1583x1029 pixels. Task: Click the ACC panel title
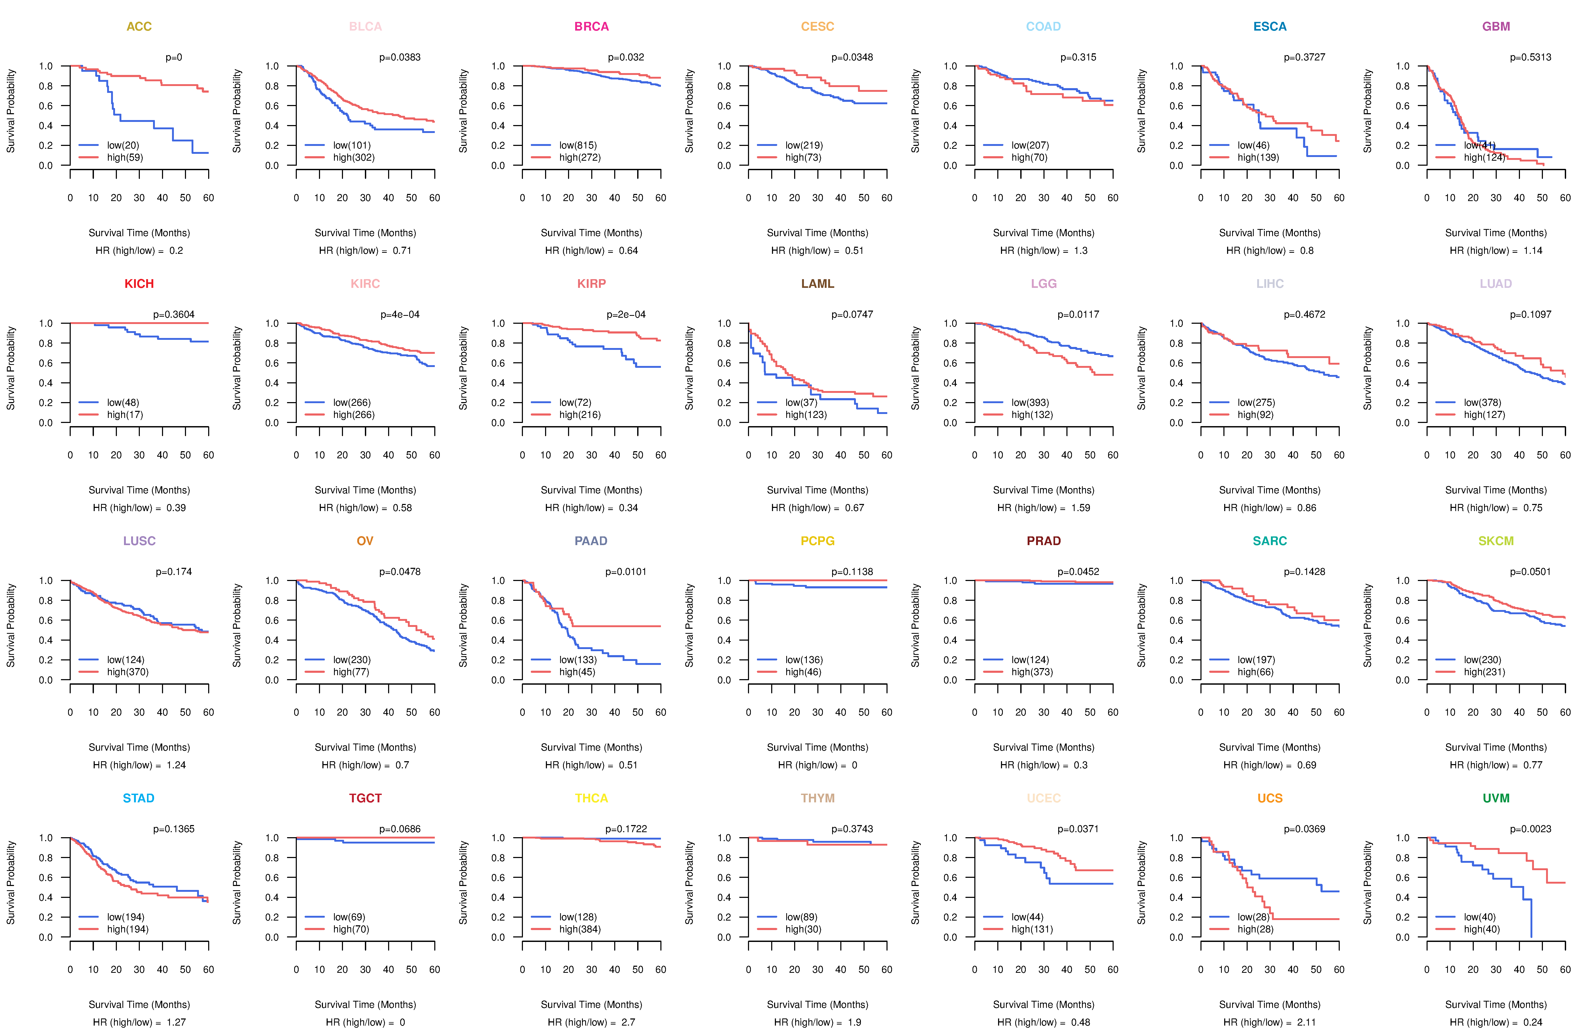[x=139, y=27]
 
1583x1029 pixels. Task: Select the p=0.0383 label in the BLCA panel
[x=400, y=57]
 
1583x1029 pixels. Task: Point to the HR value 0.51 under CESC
[x=854, y=251]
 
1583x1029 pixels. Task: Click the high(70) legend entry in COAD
[x=1029, y=158]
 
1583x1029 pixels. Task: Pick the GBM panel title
[x=1496, y=27]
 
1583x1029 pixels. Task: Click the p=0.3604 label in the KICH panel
[x=174, y=315]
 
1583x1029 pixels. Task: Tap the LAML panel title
[x=817, y=284]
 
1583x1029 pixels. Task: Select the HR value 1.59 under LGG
[x=1080, y=508]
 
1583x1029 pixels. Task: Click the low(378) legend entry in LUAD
[x=1482, y=402]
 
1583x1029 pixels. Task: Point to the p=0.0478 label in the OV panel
[x=400, y=572]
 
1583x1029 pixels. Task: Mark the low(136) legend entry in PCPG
[x=803, y=660]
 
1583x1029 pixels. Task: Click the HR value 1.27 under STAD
[x=176, y=1022]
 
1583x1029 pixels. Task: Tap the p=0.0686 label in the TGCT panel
[x=400, y=830]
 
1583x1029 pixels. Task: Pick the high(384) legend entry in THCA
[x=579, y=929]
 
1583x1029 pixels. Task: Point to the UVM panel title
[x=1496, y=798]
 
